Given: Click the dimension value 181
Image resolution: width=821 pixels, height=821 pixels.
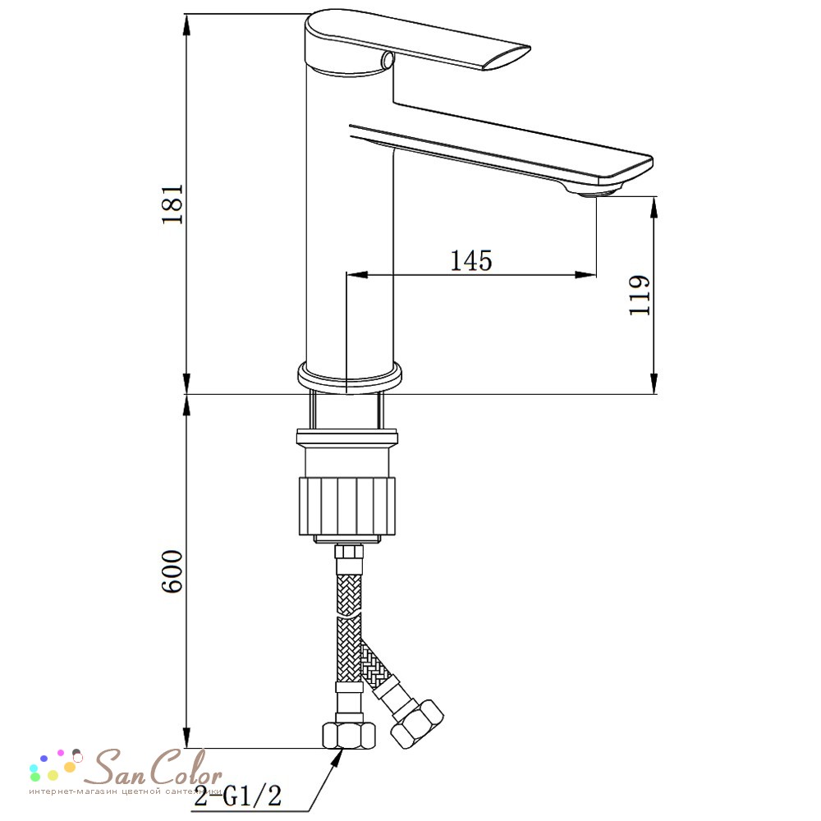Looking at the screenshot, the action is click(172, 204).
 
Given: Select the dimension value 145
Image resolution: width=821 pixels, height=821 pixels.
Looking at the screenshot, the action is click(471, 260).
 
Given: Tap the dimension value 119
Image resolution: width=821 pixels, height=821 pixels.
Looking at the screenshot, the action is click(640, 295).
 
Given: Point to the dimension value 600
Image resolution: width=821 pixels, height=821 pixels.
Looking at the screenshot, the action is click(172, 571).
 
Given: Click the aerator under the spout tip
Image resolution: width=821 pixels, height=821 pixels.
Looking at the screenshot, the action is click(597, 192).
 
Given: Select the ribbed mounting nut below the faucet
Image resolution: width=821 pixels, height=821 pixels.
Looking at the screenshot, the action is click(347, 507).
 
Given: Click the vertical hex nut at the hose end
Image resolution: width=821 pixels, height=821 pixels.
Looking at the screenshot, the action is click(348, 735).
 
